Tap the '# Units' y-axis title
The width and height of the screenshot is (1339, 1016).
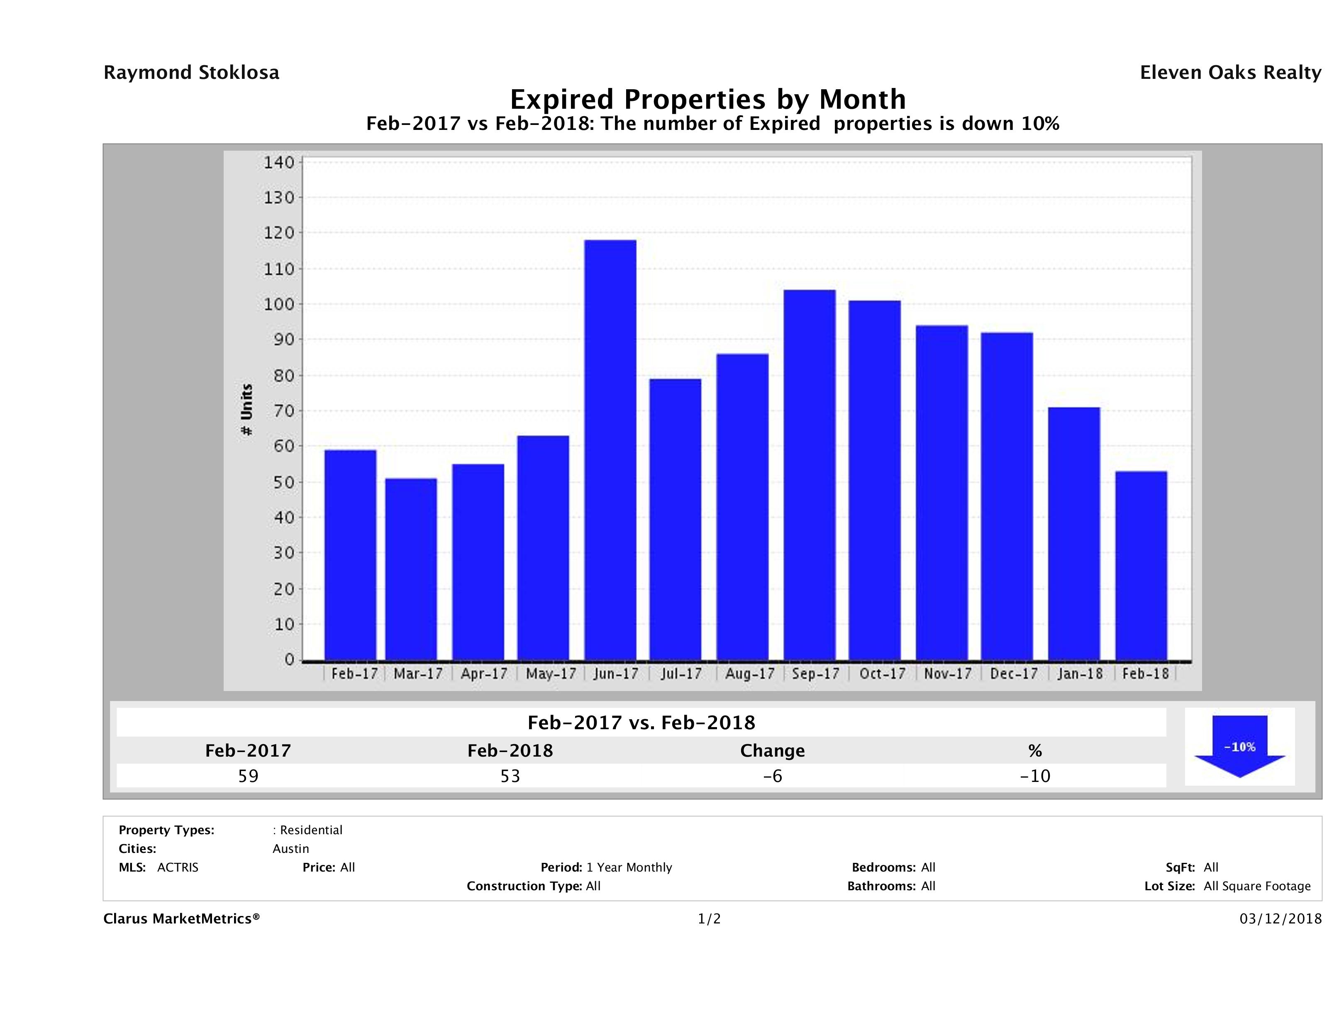246,410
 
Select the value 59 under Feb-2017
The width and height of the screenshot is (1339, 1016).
248,776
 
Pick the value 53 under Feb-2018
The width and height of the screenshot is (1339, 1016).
510,776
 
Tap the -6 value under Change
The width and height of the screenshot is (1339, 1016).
773,776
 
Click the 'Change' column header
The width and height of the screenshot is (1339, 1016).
773,751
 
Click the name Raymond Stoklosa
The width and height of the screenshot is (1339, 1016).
191,73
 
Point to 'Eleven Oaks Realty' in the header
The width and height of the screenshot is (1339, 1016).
1230,73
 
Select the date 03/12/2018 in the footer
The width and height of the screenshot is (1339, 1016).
1280,918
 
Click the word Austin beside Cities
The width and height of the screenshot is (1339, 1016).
290,849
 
